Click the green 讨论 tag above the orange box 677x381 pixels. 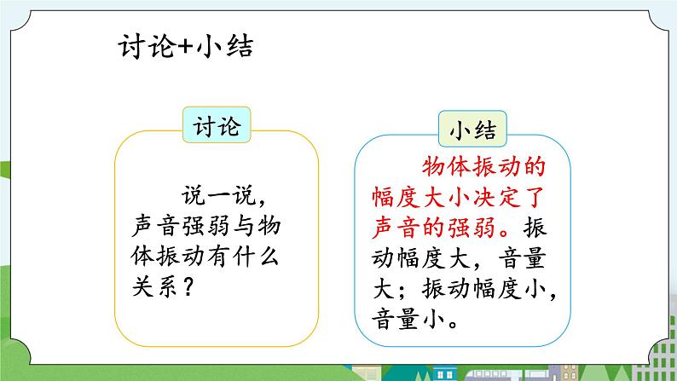point(217,128)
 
